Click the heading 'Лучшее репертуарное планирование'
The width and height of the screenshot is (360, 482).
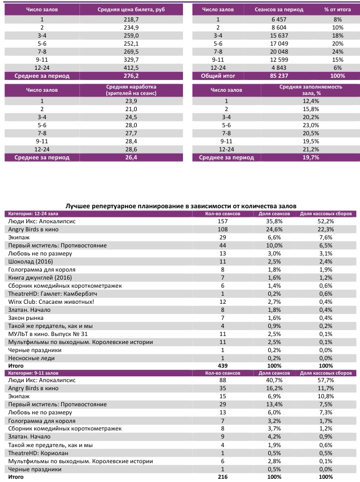pos(181,206)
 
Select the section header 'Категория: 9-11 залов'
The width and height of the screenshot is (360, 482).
pos(35,371)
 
